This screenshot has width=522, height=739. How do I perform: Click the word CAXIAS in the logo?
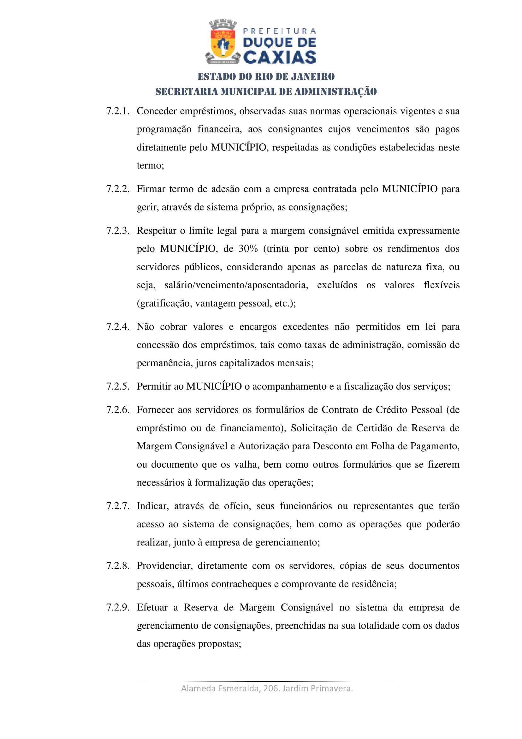280,58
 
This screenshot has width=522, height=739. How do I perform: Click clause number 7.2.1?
118,111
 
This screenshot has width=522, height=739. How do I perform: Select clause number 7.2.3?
118,231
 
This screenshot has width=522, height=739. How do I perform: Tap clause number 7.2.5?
118,386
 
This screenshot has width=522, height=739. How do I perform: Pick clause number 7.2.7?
118,506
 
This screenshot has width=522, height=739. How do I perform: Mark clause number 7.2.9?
118,607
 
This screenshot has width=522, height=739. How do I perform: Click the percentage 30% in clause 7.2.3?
248,249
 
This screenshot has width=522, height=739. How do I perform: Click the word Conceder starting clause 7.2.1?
157,111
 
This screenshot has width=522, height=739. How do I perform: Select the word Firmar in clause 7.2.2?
151,189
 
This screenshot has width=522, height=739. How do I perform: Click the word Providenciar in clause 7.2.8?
164,566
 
